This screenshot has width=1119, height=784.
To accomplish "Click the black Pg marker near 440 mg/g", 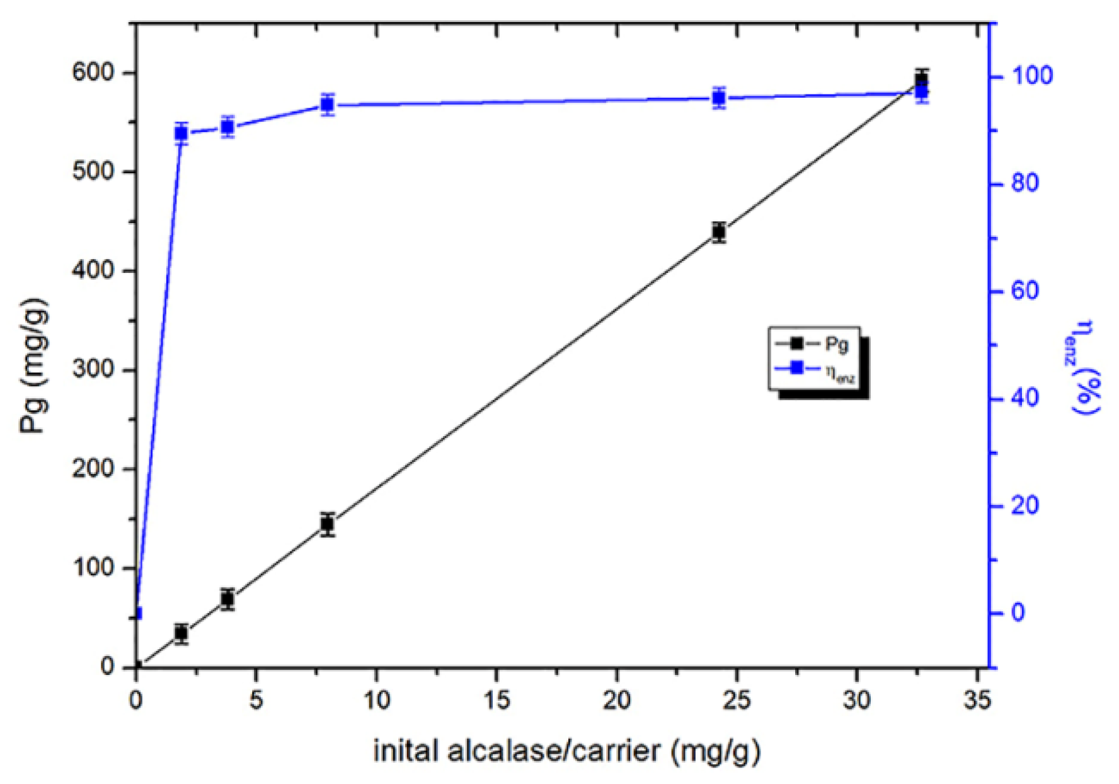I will [x=719, y=231].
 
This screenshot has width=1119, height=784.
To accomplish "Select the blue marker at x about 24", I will [x=719, y=98].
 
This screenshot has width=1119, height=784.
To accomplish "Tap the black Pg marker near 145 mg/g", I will [x=327, y=524].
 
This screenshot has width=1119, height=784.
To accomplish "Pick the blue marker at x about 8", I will [x=327, y=105].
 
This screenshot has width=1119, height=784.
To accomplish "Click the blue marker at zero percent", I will [x=137, y=613].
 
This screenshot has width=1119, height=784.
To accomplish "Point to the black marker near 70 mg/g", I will [x=227, y=599].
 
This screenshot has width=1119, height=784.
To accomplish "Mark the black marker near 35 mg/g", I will [x=181, y=633].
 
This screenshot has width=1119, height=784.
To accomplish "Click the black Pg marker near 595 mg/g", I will [x=922, y=79].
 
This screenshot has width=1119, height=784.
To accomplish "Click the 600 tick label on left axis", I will [x=93, y=72].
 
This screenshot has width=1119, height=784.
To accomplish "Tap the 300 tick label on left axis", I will [x=93, y=369].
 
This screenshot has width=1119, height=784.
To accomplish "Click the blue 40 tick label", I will [x=1025, y=398].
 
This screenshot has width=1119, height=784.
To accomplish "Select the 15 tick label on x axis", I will [x=496, y=700].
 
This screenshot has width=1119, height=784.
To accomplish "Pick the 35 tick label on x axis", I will [x=977, y=700].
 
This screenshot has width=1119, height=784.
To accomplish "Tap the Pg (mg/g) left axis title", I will [x=35, y=366].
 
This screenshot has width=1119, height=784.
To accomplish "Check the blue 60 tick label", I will [x=1025, y=291].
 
